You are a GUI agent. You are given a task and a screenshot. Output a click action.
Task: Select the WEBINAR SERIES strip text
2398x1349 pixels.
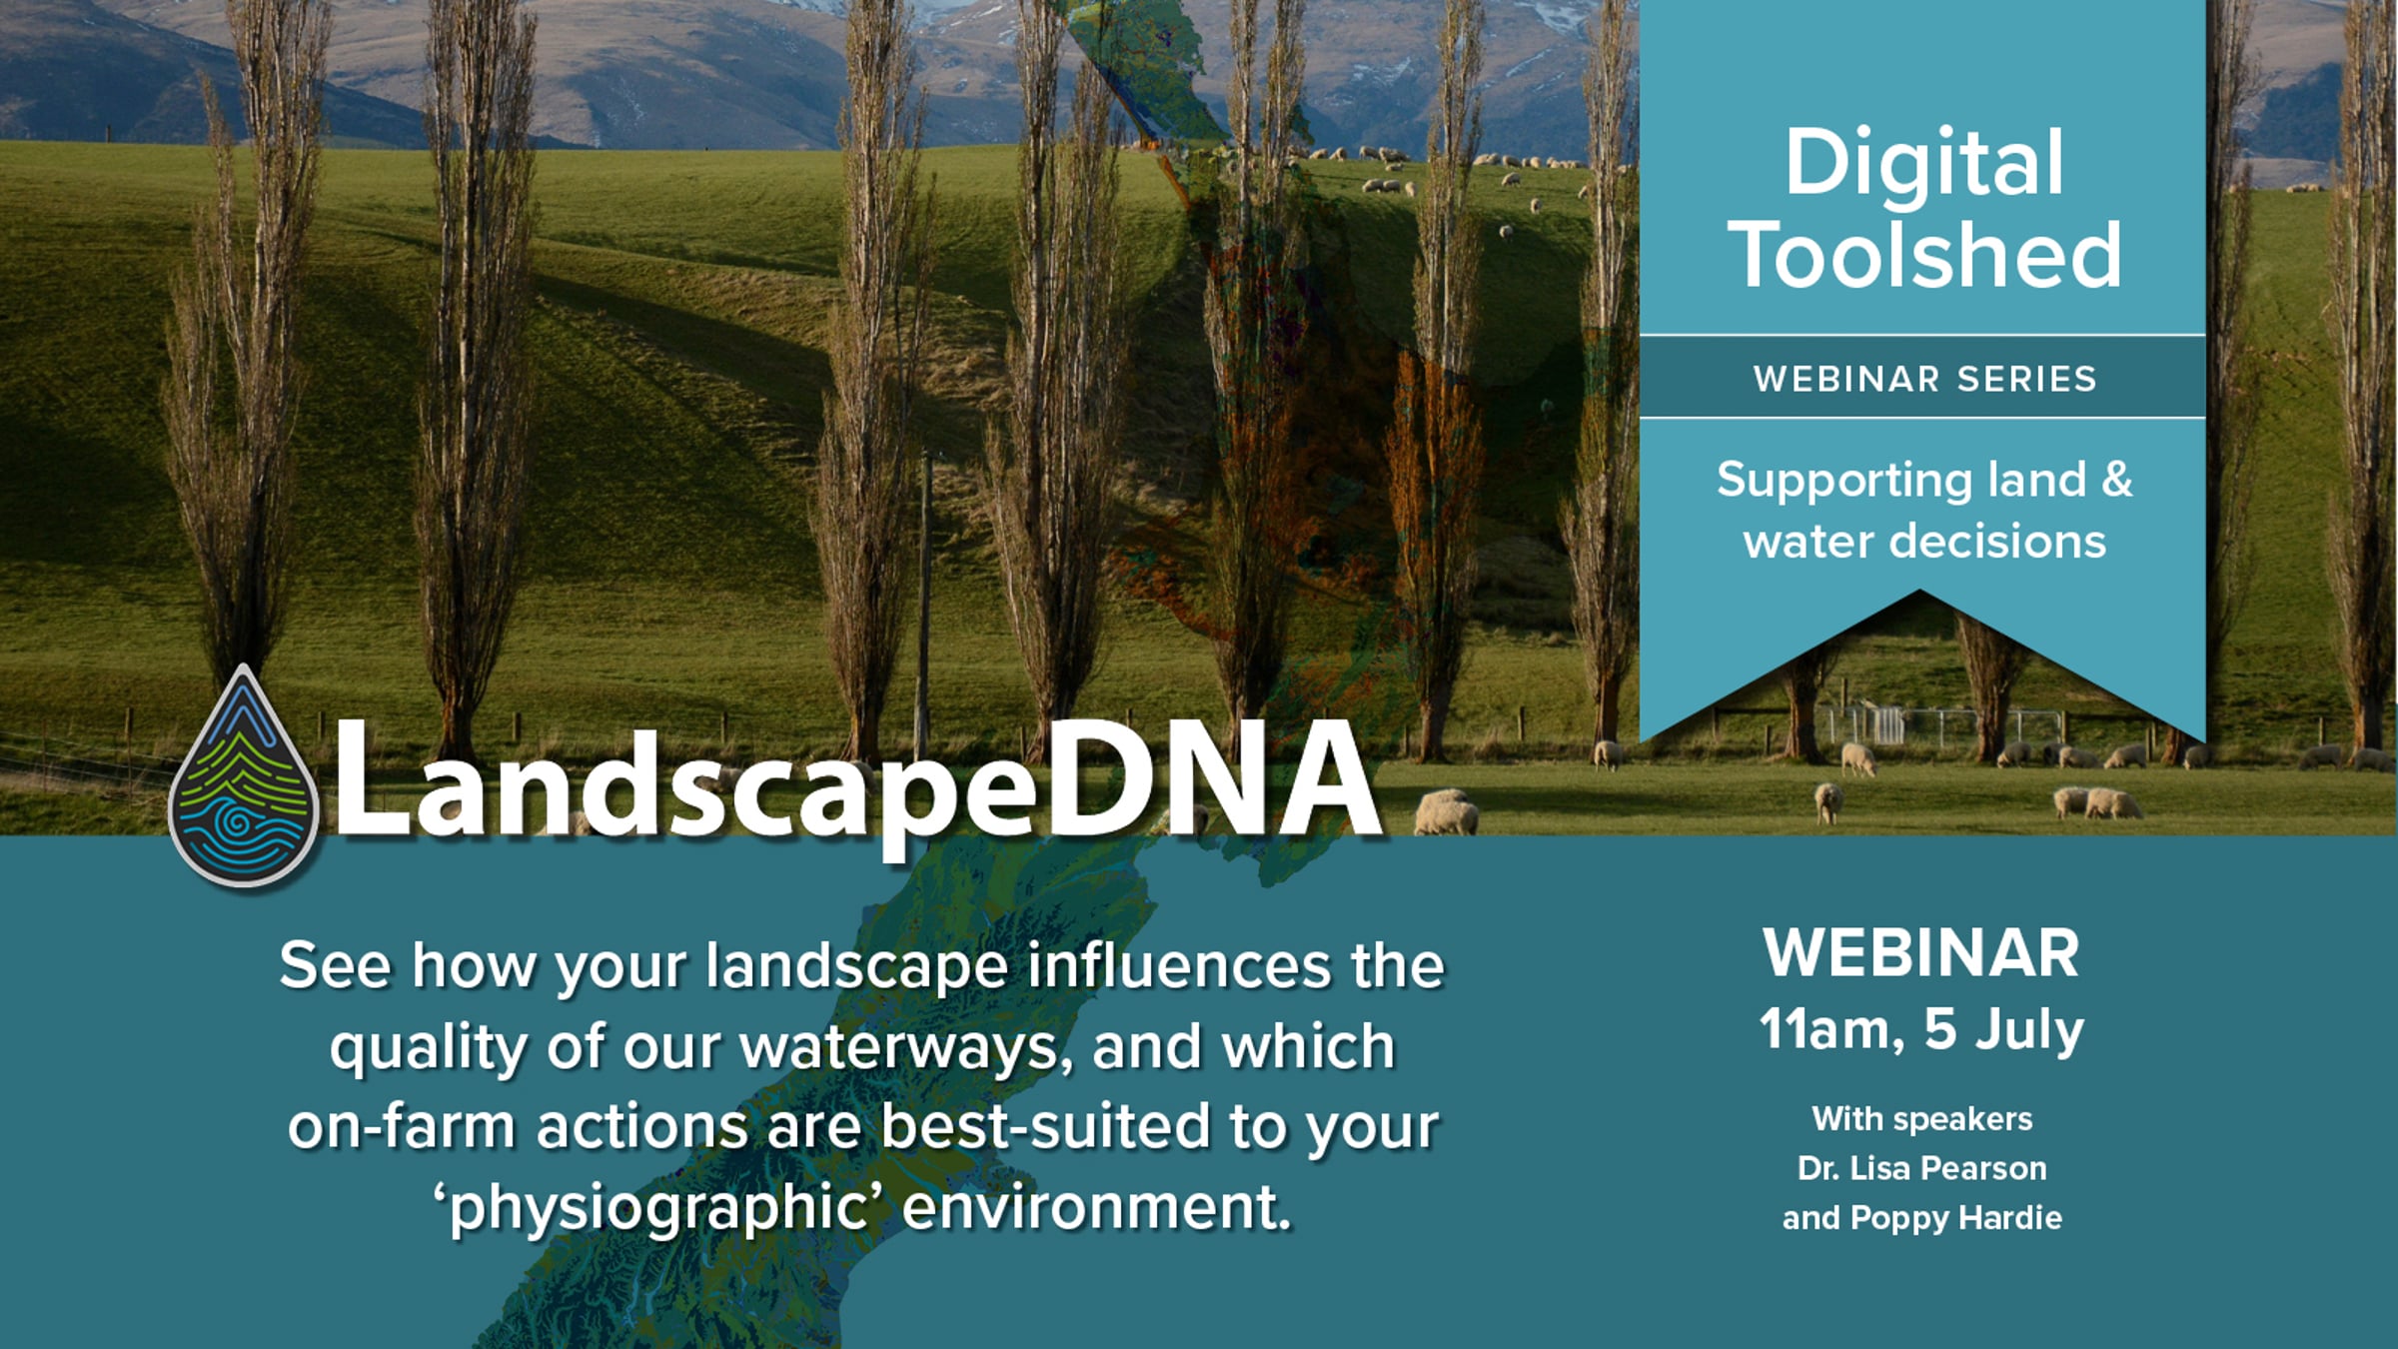pos(1924,379)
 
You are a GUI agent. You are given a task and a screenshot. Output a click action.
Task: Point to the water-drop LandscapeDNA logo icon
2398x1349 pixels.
pos(243,777)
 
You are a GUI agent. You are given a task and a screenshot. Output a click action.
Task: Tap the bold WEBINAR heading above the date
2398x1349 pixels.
pos(1921,953)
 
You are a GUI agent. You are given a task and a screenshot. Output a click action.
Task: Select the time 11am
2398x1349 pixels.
pos(1830,1029)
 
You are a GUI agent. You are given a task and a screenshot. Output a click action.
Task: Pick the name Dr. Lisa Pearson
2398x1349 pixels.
pos(1921,1168)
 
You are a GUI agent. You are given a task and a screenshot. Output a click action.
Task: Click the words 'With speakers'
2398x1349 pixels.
pos(1921,1119)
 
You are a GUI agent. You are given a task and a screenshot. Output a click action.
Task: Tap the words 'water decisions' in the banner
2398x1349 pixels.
pos(1924,542)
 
